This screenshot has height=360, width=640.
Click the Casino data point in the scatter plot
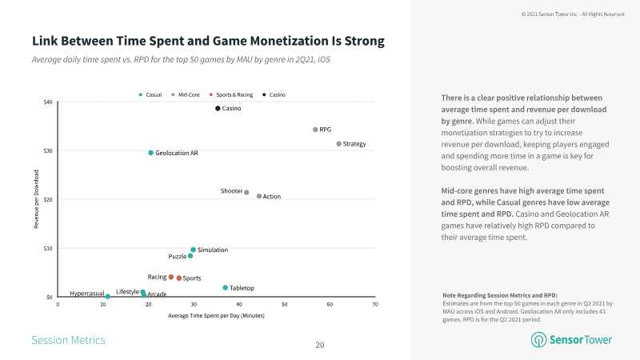pos(218,109)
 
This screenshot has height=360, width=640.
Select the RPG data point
pos(315,130)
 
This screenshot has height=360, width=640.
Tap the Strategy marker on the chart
pos(339,144)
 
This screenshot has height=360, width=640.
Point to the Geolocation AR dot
pos(150,153)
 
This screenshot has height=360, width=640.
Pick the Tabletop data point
pos(226,287)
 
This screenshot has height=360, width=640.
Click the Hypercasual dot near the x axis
pos(108,297)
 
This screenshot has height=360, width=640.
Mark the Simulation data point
pos(193,250)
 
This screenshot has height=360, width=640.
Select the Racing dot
pos(171,277)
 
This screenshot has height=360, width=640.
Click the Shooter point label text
pos(231,191)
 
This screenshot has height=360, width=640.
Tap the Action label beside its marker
pos(272,197)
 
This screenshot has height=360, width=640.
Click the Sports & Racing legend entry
pos(233,95)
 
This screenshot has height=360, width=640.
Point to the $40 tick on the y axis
pos(48,102)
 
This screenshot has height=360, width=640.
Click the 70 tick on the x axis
pos(375,305)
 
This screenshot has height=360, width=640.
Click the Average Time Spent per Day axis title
pos(216,315)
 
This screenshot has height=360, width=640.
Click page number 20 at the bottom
pos(320,345)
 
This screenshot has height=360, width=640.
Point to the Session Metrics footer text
pos(68,340)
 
